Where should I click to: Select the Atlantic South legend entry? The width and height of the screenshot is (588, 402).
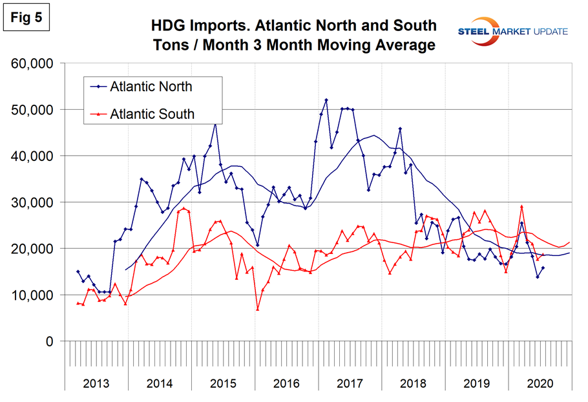[x=149, y=114]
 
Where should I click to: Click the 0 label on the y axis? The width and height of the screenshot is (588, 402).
[x=52, y=341]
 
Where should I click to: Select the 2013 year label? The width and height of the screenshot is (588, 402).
[x=96, y=383]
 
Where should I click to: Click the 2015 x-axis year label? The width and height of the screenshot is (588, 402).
[x=223, y=383]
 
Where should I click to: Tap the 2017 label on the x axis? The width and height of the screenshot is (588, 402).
[x=350, y=383]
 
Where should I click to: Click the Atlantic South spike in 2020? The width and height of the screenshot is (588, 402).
[x=521, y=207]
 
